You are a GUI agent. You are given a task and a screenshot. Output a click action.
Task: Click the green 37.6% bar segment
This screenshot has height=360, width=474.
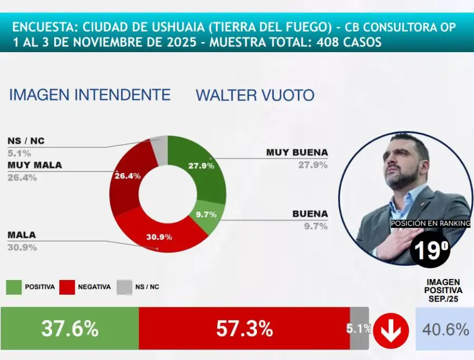(70, 328)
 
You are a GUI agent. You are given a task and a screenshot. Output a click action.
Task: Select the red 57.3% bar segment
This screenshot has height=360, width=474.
(244, 328)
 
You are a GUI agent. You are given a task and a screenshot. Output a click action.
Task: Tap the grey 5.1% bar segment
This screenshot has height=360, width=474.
(359, 328)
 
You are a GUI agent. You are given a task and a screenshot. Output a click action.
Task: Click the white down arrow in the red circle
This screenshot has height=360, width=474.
(391, 330)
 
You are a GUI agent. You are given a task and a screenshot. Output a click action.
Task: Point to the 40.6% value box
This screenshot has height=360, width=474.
(445, 330)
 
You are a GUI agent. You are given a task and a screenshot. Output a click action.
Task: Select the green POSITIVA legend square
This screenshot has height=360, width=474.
(14, 287)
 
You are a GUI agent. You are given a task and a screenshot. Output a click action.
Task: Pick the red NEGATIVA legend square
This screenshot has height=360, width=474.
(66, 287)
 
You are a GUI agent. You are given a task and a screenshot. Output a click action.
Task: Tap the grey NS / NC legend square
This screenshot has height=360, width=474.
(124, 287)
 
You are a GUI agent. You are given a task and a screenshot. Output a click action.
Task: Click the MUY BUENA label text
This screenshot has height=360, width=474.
(297, 153)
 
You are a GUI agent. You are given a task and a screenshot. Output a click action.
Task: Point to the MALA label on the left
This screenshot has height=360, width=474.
(22, 235)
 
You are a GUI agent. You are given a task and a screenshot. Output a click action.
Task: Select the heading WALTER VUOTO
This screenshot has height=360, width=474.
(255, 95)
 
